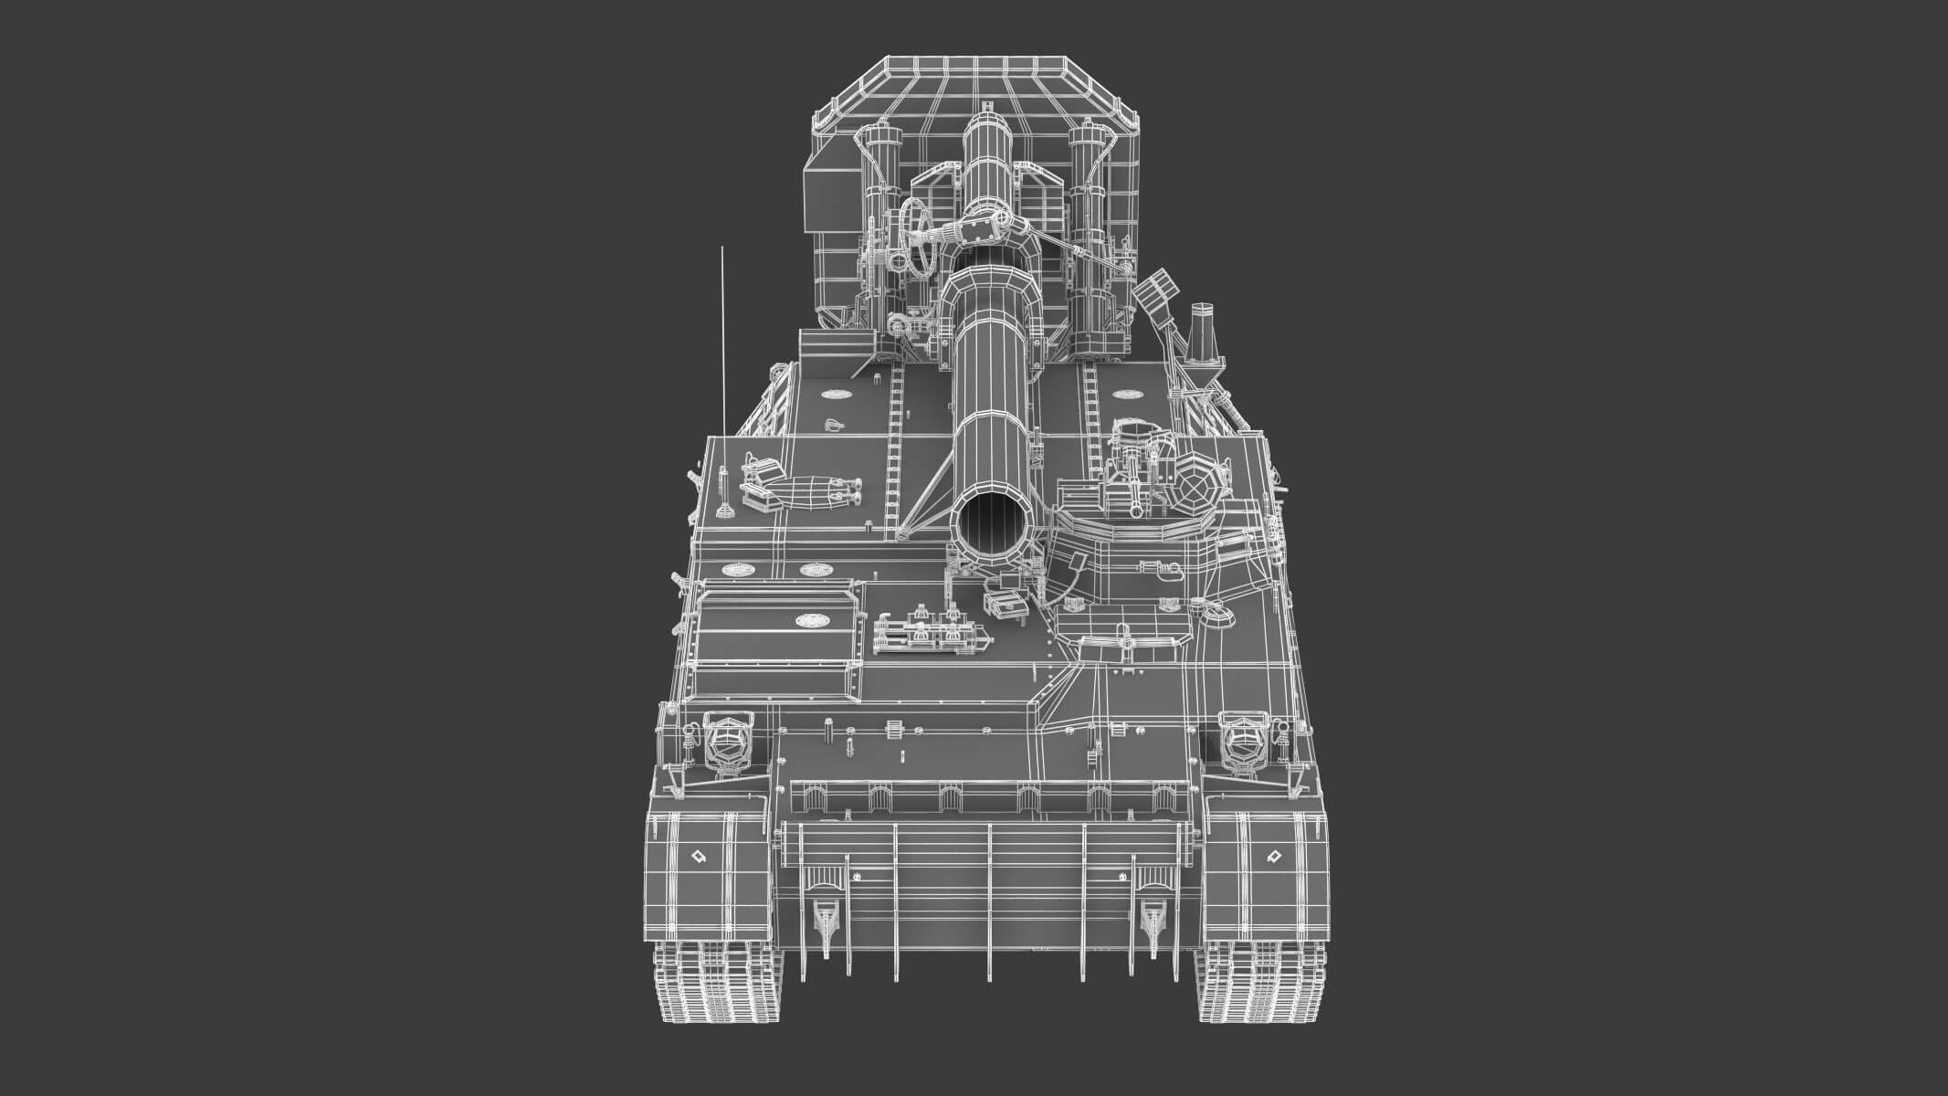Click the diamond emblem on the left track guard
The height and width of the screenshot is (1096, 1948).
(x=699, y=857)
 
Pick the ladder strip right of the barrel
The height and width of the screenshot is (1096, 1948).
(x=1090, y=420)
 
